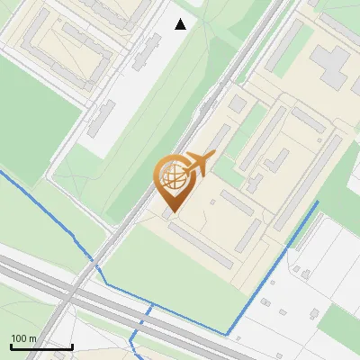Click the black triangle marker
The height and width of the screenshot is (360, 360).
click(181, 24)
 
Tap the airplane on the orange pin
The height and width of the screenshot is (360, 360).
click(199, 164)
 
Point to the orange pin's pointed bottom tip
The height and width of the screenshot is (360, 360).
click(170, 212)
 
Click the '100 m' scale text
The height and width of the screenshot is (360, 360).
click(24, 338)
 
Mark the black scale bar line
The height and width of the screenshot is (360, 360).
click(41, 346)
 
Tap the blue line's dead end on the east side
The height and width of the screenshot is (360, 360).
click(318, 203)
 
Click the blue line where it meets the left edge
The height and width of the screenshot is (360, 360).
click(2, 172)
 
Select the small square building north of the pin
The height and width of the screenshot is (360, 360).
click(237, 104)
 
